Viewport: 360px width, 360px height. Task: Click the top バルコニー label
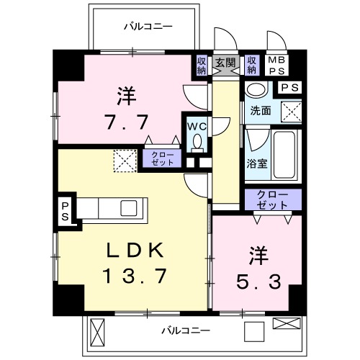click(147, 27)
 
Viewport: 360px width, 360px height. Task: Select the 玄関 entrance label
click(226, 63)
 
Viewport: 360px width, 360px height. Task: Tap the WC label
click(196, 125)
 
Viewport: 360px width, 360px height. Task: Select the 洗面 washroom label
click(261, 111)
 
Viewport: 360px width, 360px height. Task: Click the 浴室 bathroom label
click(257, 163)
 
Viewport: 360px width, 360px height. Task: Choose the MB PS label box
click(276, 66)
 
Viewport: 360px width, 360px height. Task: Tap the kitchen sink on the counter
click(130, 208)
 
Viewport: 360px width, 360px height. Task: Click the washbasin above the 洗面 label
click(255, 90)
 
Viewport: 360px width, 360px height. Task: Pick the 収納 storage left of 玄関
click(202, 66)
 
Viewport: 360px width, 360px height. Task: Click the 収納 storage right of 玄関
click(251, 66)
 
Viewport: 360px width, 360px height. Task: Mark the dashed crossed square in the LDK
click(125, 160)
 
